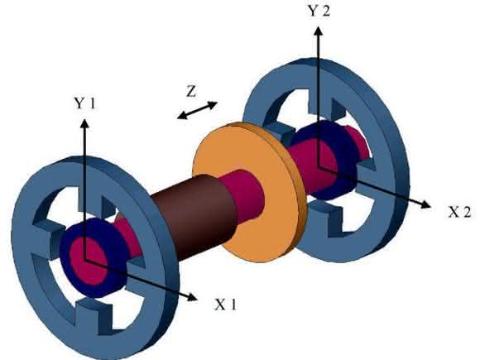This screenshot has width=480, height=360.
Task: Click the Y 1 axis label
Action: click(84, 103)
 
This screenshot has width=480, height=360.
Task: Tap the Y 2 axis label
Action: click(319, 11)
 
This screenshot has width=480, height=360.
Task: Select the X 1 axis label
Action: click(226, 304)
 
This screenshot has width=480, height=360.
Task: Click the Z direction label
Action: click(191, 91)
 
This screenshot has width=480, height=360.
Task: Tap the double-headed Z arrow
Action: click(198, 110)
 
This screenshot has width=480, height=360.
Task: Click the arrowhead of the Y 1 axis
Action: click(84, 123)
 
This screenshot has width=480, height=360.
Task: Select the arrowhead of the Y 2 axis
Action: click(319, 31)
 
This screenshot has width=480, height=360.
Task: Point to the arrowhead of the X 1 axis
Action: click(192, 296)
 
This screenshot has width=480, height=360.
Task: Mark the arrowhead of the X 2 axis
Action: click(425, 204)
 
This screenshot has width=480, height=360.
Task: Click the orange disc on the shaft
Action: click(249, 192)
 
